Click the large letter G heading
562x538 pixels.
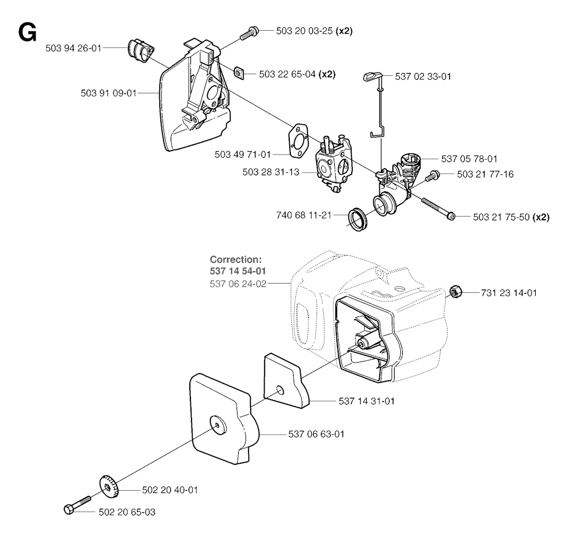tap(27, 33)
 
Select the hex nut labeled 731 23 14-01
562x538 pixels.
tap(455, 292)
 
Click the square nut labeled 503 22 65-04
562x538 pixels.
tap(239, 73)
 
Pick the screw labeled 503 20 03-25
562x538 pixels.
tap(249, 32)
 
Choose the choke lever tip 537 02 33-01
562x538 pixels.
tap(370, 76)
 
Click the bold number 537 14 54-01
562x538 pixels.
tap(238, 271)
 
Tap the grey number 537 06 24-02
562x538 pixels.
tap(238, 284)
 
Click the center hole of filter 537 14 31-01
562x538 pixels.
tap(280, 390)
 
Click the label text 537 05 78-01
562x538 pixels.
tap(469, 159)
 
